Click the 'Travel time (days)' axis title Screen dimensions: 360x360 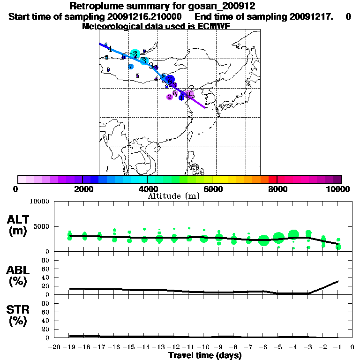[x=205, y=355]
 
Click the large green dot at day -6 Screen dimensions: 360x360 [x=263, y=240]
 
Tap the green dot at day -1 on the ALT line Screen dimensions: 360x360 [x=338, y=247]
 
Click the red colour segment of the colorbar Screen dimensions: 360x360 [x=272, y=179]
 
